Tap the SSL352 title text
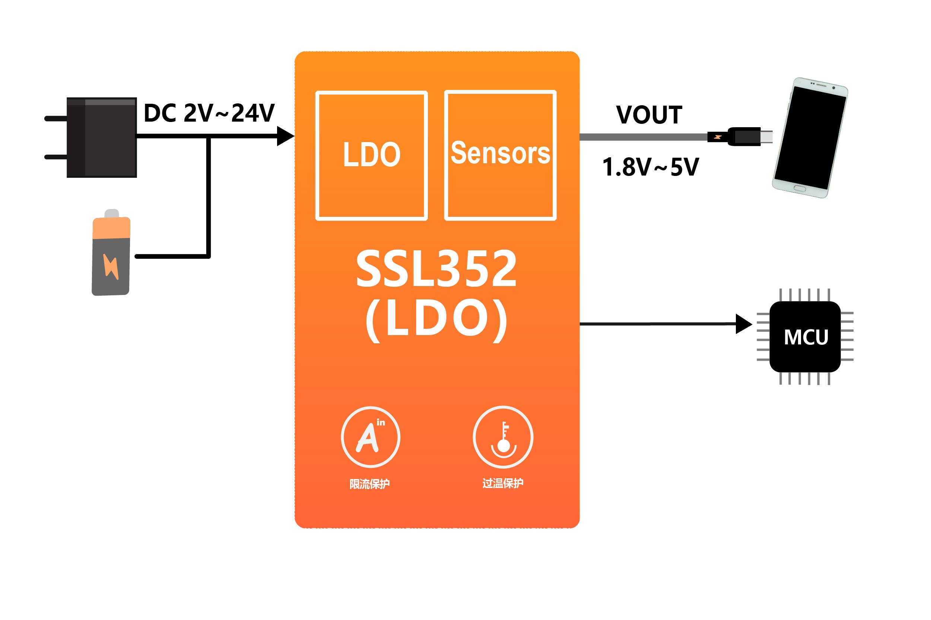(x=436, y=269)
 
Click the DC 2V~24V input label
(x=209, y=113)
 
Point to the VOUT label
(x=649, y=115)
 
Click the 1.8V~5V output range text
(x=650, y=167)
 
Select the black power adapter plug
(x=91, y=137)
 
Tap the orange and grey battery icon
(x=111, y=252)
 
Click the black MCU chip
(x=805, y=337)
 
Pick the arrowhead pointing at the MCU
(x=744, y=324)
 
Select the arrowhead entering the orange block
(x=285, y=136)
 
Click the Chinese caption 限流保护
(x=369, y=484)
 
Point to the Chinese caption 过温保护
(x=503, y=483)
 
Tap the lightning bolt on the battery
(x=111, y=267)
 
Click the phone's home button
(x=800, y=188)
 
